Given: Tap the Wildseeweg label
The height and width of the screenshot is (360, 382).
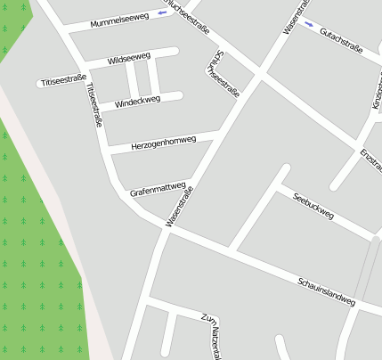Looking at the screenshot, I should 128,59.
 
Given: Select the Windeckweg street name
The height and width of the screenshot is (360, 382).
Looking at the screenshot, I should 138,102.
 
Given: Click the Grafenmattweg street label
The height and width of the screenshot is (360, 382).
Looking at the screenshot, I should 157,188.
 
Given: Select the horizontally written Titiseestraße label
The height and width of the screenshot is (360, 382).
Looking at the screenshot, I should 63,81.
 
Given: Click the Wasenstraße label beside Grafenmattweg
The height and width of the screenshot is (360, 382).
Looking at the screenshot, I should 180,206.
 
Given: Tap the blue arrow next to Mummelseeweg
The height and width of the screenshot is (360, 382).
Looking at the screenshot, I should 161,13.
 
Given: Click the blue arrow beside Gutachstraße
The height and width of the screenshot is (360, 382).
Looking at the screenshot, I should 308,24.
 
